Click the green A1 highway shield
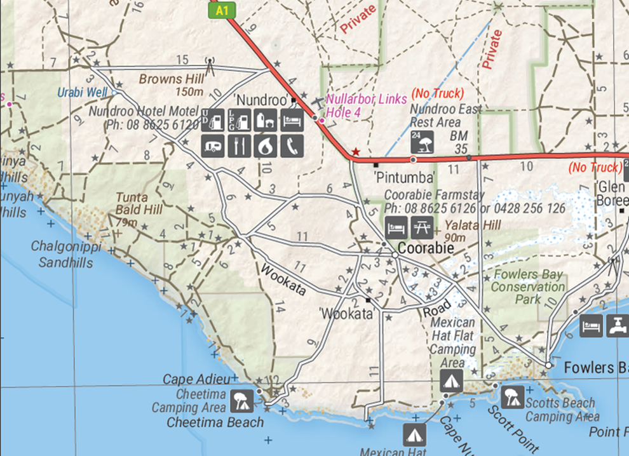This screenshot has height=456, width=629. pos(222,10)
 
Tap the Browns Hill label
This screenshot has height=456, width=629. pos(172,79)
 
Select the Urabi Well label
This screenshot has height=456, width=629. pos(82,92)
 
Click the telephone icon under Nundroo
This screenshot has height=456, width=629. pos(292,145)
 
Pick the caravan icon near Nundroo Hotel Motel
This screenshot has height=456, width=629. pos(212,145)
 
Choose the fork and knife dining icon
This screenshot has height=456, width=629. pos(239,145)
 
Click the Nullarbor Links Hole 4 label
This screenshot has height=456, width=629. pos(365,105)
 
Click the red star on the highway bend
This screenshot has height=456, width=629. pos(356,152)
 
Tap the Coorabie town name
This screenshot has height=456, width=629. pos(426,248)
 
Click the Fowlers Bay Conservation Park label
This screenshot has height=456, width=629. pos(525,287)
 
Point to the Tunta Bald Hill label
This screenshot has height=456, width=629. pos(139,203)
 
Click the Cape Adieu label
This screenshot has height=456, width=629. pos(196,380)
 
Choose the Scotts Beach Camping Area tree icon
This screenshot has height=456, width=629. pos(512,396)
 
